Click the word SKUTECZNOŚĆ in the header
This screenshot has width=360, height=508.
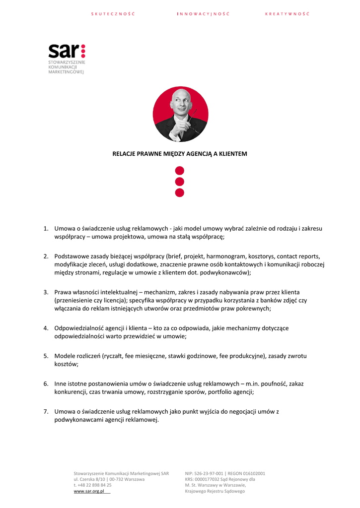(113, 14)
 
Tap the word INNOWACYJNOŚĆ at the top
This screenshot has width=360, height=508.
(203, 14)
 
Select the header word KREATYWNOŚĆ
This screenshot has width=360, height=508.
(287, 14)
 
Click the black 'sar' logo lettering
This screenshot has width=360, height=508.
(63, 51)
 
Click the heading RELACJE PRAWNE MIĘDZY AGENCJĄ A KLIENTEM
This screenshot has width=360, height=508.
(180, 154)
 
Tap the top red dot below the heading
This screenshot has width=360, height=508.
(180, 171)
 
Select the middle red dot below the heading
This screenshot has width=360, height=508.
(180, 182)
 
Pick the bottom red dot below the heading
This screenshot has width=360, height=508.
(180, 192)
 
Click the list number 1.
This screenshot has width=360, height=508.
(45, 229)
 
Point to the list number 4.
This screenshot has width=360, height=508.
(45, 328)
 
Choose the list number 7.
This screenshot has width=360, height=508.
(45, 411)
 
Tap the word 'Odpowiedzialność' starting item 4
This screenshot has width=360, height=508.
(78, 328)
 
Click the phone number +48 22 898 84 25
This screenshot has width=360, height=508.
(94, 485)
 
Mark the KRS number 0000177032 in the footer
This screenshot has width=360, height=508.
(209, 479)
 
